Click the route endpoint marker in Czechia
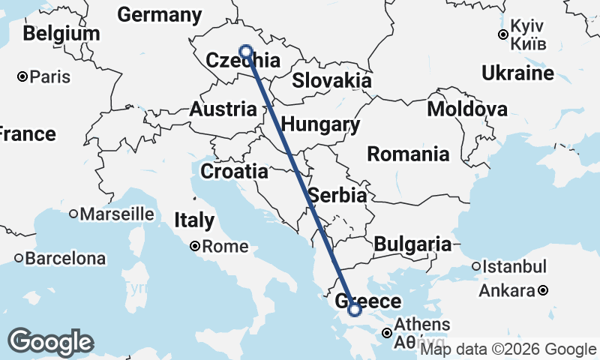click(245, 51)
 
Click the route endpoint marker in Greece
click(354, 310)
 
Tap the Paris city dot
click(23, 76)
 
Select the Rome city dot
click(195, 245)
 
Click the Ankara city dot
click(543, 290)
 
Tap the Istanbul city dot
click(476, 266)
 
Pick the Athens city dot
click(387, 333)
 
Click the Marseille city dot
click(73, 214)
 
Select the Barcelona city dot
click(19, 258)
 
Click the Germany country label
click(160, 15)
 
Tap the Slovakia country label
click(331, 80)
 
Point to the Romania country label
click(408, 154)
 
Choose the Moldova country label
click(466, 109)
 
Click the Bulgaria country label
click(412, 244)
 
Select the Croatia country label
click(234, 171)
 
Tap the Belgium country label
click(61, 34)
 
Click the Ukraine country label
click(517, 73)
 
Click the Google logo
click(50, 342)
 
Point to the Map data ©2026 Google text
click(508, 349)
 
